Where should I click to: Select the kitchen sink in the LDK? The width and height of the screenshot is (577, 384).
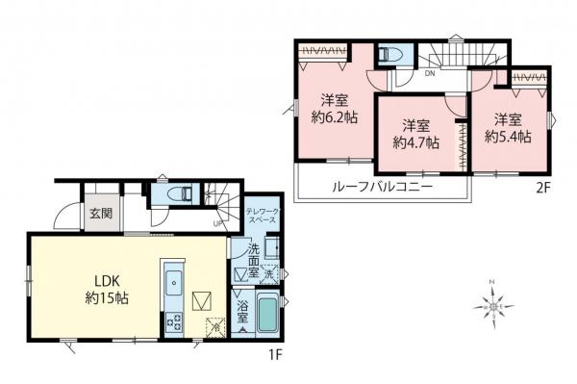pyautogui.click(x=175, y=285)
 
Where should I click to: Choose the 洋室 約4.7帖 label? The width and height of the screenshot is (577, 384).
pyautogui.click(x=416, y=134)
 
